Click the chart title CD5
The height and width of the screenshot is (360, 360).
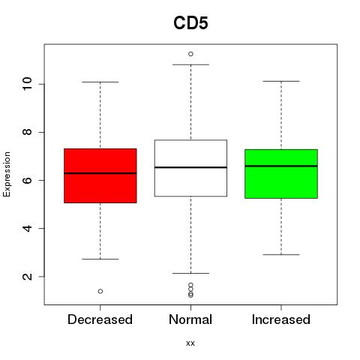190,23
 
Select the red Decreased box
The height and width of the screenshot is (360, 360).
100,175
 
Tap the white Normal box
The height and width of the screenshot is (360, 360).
190,168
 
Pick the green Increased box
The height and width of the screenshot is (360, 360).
281,174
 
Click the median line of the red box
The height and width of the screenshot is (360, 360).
100,173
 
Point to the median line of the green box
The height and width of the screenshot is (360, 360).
281,166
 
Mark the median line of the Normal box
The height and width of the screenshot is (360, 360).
190,167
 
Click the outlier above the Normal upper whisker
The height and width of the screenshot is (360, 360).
190,54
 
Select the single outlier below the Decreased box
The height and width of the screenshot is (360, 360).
100,291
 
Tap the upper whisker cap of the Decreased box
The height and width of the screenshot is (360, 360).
100,82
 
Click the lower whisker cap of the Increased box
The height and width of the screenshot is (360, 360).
281,254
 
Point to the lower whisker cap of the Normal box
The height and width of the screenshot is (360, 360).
190,273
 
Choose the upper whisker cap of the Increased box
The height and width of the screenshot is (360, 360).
281,81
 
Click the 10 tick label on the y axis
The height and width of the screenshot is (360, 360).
28,84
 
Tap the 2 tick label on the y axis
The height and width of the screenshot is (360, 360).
28,277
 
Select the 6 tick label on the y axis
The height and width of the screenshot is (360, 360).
28,180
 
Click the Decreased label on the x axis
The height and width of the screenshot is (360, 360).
100,319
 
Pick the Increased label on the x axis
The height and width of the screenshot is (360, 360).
281,319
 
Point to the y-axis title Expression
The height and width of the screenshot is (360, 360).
7,174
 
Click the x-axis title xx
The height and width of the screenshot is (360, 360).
190,343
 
